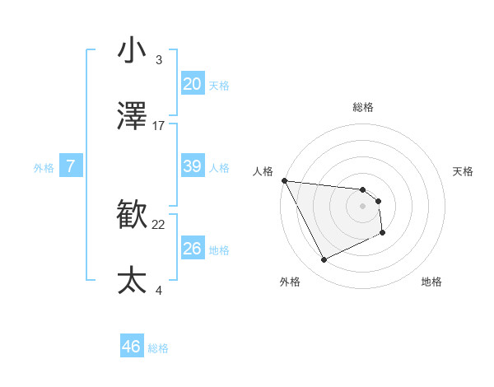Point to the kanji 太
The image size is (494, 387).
click(132, 281)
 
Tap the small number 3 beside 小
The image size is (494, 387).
click(159, 59)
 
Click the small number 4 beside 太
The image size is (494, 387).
click(159, 290)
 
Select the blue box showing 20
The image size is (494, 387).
click(192, 84)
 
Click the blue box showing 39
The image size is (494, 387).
click(192, 166)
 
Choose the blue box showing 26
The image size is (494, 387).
click(192, 249)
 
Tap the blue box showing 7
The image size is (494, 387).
click(71, 166)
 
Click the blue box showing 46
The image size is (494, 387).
click(131, 347)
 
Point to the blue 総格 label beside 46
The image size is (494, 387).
click(158, 348)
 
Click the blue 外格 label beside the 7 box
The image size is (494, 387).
click(44, 168)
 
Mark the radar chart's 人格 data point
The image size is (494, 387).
click(284, 180)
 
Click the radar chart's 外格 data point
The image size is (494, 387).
click(324, 260)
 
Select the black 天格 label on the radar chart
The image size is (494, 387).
click(464, 171)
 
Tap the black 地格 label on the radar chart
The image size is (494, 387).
click(431, 282)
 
